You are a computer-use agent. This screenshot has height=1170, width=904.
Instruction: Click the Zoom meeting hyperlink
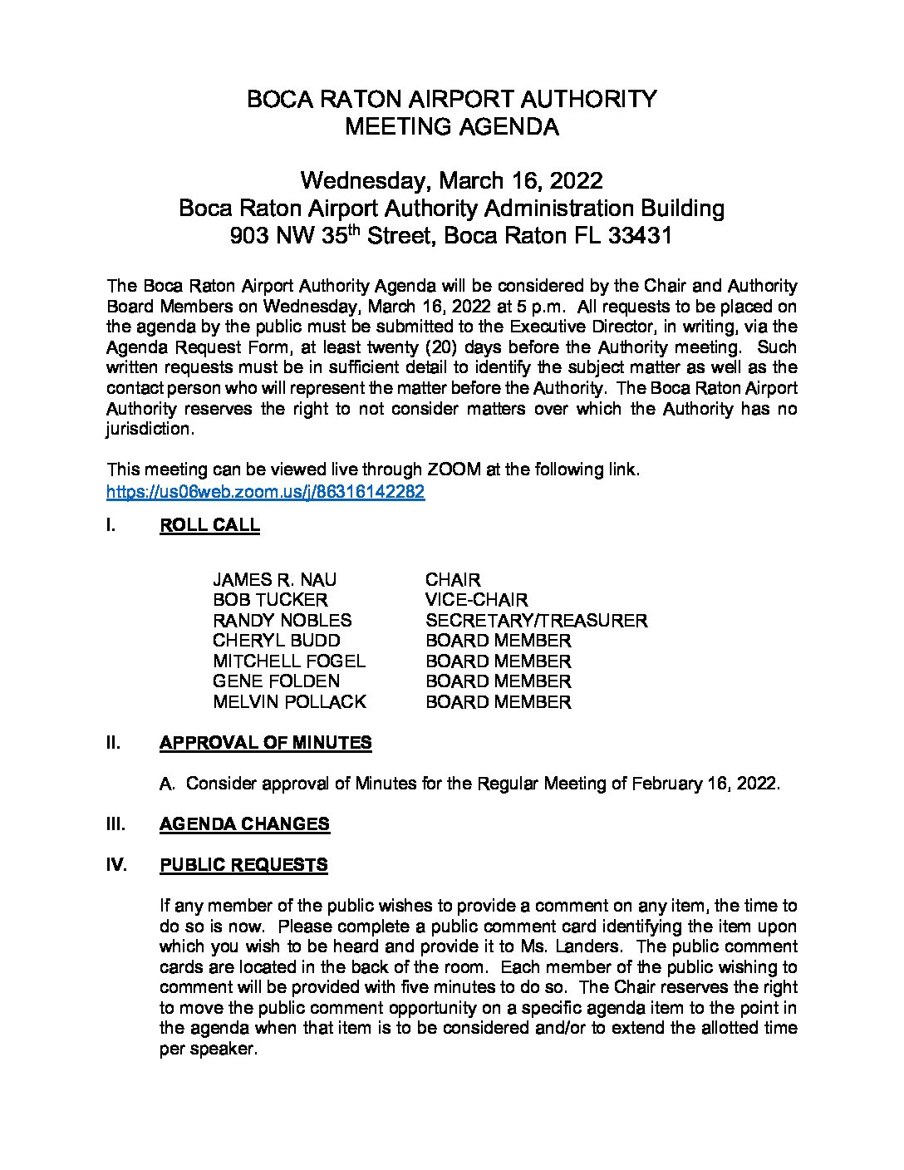[x=265, y=492]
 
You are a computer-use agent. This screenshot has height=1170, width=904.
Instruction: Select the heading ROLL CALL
[x=209, y=526]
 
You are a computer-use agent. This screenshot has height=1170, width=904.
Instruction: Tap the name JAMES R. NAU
[x=274, y=580]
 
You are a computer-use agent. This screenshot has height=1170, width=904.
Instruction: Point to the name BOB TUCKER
[x=270, y=600]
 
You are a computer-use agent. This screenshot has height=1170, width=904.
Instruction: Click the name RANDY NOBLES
[x=282, y=621]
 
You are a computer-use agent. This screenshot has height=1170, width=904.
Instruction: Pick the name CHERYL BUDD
[x=276, y=641]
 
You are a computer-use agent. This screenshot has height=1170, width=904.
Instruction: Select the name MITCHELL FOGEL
[x=288, y=661]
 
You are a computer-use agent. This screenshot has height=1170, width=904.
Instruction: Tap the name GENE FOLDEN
[x=276, y=681]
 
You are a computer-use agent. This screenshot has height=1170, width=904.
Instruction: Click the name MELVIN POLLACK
[x=289, y=702]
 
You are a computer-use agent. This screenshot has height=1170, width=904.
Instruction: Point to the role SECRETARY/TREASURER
[x=536, y=621]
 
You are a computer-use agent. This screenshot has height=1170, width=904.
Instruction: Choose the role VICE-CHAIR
[x=476, y=600]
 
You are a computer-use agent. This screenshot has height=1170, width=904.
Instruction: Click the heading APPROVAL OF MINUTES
[x=265, y=743]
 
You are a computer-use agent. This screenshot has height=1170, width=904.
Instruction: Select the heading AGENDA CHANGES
[x=244, y=824]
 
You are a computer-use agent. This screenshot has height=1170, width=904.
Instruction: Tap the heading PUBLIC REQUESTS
[x=243, y=865]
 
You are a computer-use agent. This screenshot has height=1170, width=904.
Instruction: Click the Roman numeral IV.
[x=116, y=865]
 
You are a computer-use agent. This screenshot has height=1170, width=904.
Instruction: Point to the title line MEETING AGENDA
[x=451, y=127]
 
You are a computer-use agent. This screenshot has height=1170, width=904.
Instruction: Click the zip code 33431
[x=640, y=236]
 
